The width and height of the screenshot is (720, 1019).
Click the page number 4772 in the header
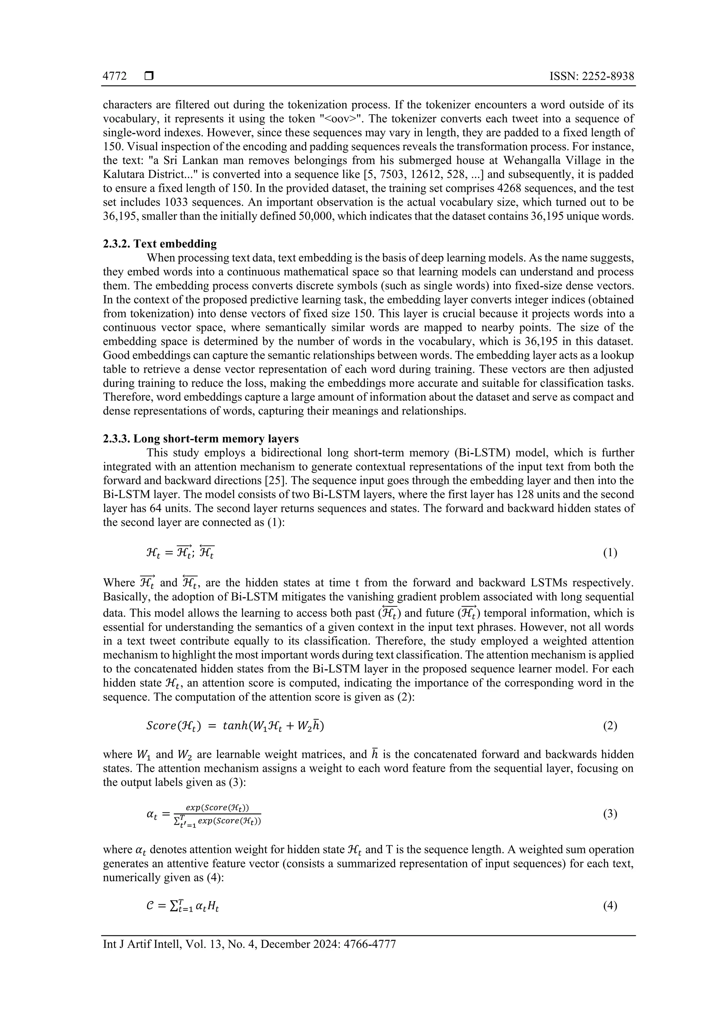tap(115, 76)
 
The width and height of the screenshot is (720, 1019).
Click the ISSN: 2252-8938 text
tap(591, 76)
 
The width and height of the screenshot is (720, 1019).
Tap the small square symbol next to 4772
tap(149, 76)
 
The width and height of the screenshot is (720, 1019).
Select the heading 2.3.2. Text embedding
tap(160, 244)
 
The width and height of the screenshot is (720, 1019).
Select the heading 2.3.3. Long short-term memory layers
tap(200, 439)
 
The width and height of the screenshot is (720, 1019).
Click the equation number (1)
tap(610, 553)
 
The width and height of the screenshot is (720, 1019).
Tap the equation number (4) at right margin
tap(610, 906)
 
